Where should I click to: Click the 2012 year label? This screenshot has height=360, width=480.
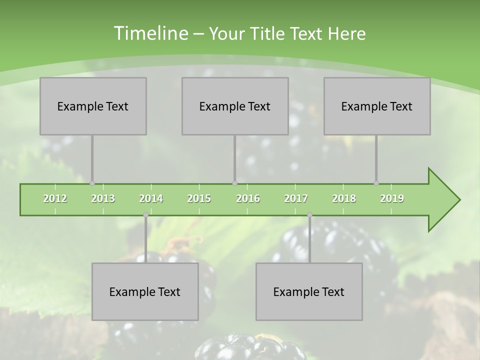[x=55, y=198]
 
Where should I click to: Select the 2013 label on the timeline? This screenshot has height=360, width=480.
[x=103, y=198]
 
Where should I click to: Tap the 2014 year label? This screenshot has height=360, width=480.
[x=151, y=198]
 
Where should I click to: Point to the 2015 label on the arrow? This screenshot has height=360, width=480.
[x=199, y=198]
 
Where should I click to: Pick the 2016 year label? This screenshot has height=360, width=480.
[x=248, y=198]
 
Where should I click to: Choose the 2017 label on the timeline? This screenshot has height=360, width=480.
[x=296, y=198]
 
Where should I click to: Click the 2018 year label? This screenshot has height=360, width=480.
[x=344, y=198]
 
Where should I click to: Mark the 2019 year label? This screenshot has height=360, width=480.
[x=392, y=198]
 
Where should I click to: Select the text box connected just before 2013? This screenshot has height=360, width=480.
[x=93, y=106]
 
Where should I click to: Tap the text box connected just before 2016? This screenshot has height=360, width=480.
[x=235, y=106]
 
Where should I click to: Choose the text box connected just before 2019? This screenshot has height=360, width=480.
[x=377, y=106]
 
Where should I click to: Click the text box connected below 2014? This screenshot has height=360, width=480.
[x=145, y=291]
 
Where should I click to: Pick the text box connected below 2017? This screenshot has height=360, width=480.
[x=309, y=291]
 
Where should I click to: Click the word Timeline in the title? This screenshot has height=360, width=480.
[x=150, y=33]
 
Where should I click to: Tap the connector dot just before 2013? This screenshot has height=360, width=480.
[x=92, y=183]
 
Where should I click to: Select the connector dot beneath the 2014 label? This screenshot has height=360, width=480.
[x=145, y=215]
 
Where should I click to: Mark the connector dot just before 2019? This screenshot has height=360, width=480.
[x=376, y=183]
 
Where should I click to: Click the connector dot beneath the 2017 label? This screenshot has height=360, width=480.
[x=309, y=215]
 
